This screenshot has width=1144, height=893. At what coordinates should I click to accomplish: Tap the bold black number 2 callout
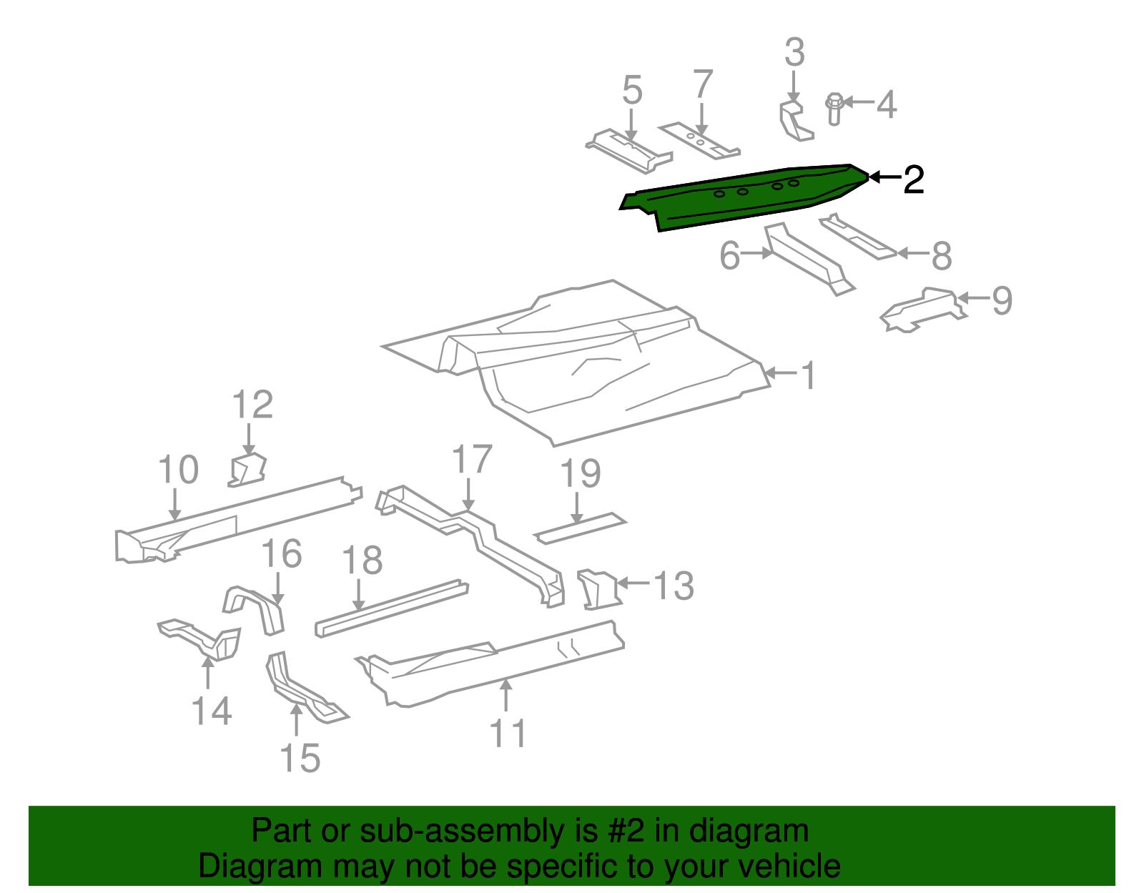(x=913, y=179)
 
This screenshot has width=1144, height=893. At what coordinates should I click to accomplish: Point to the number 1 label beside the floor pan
(x=809, y=376)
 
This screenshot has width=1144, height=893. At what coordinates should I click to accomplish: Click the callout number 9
(x=1002, y=300)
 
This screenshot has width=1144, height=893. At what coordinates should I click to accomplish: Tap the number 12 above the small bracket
(x=252, y=405)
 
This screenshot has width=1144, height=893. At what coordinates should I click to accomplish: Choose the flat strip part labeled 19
(x=580, y=528)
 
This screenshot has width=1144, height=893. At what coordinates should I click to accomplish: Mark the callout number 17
(x=472, y=460)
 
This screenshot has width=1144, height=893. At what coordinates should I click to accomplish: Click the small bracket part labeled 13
(x=597, y=589)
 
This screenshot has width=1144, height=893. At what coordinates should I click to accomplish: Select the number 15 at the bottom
(x=300, y=759)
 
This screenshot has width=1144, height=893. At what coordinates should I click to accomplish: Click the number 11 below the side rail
(x=508, y=734)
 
